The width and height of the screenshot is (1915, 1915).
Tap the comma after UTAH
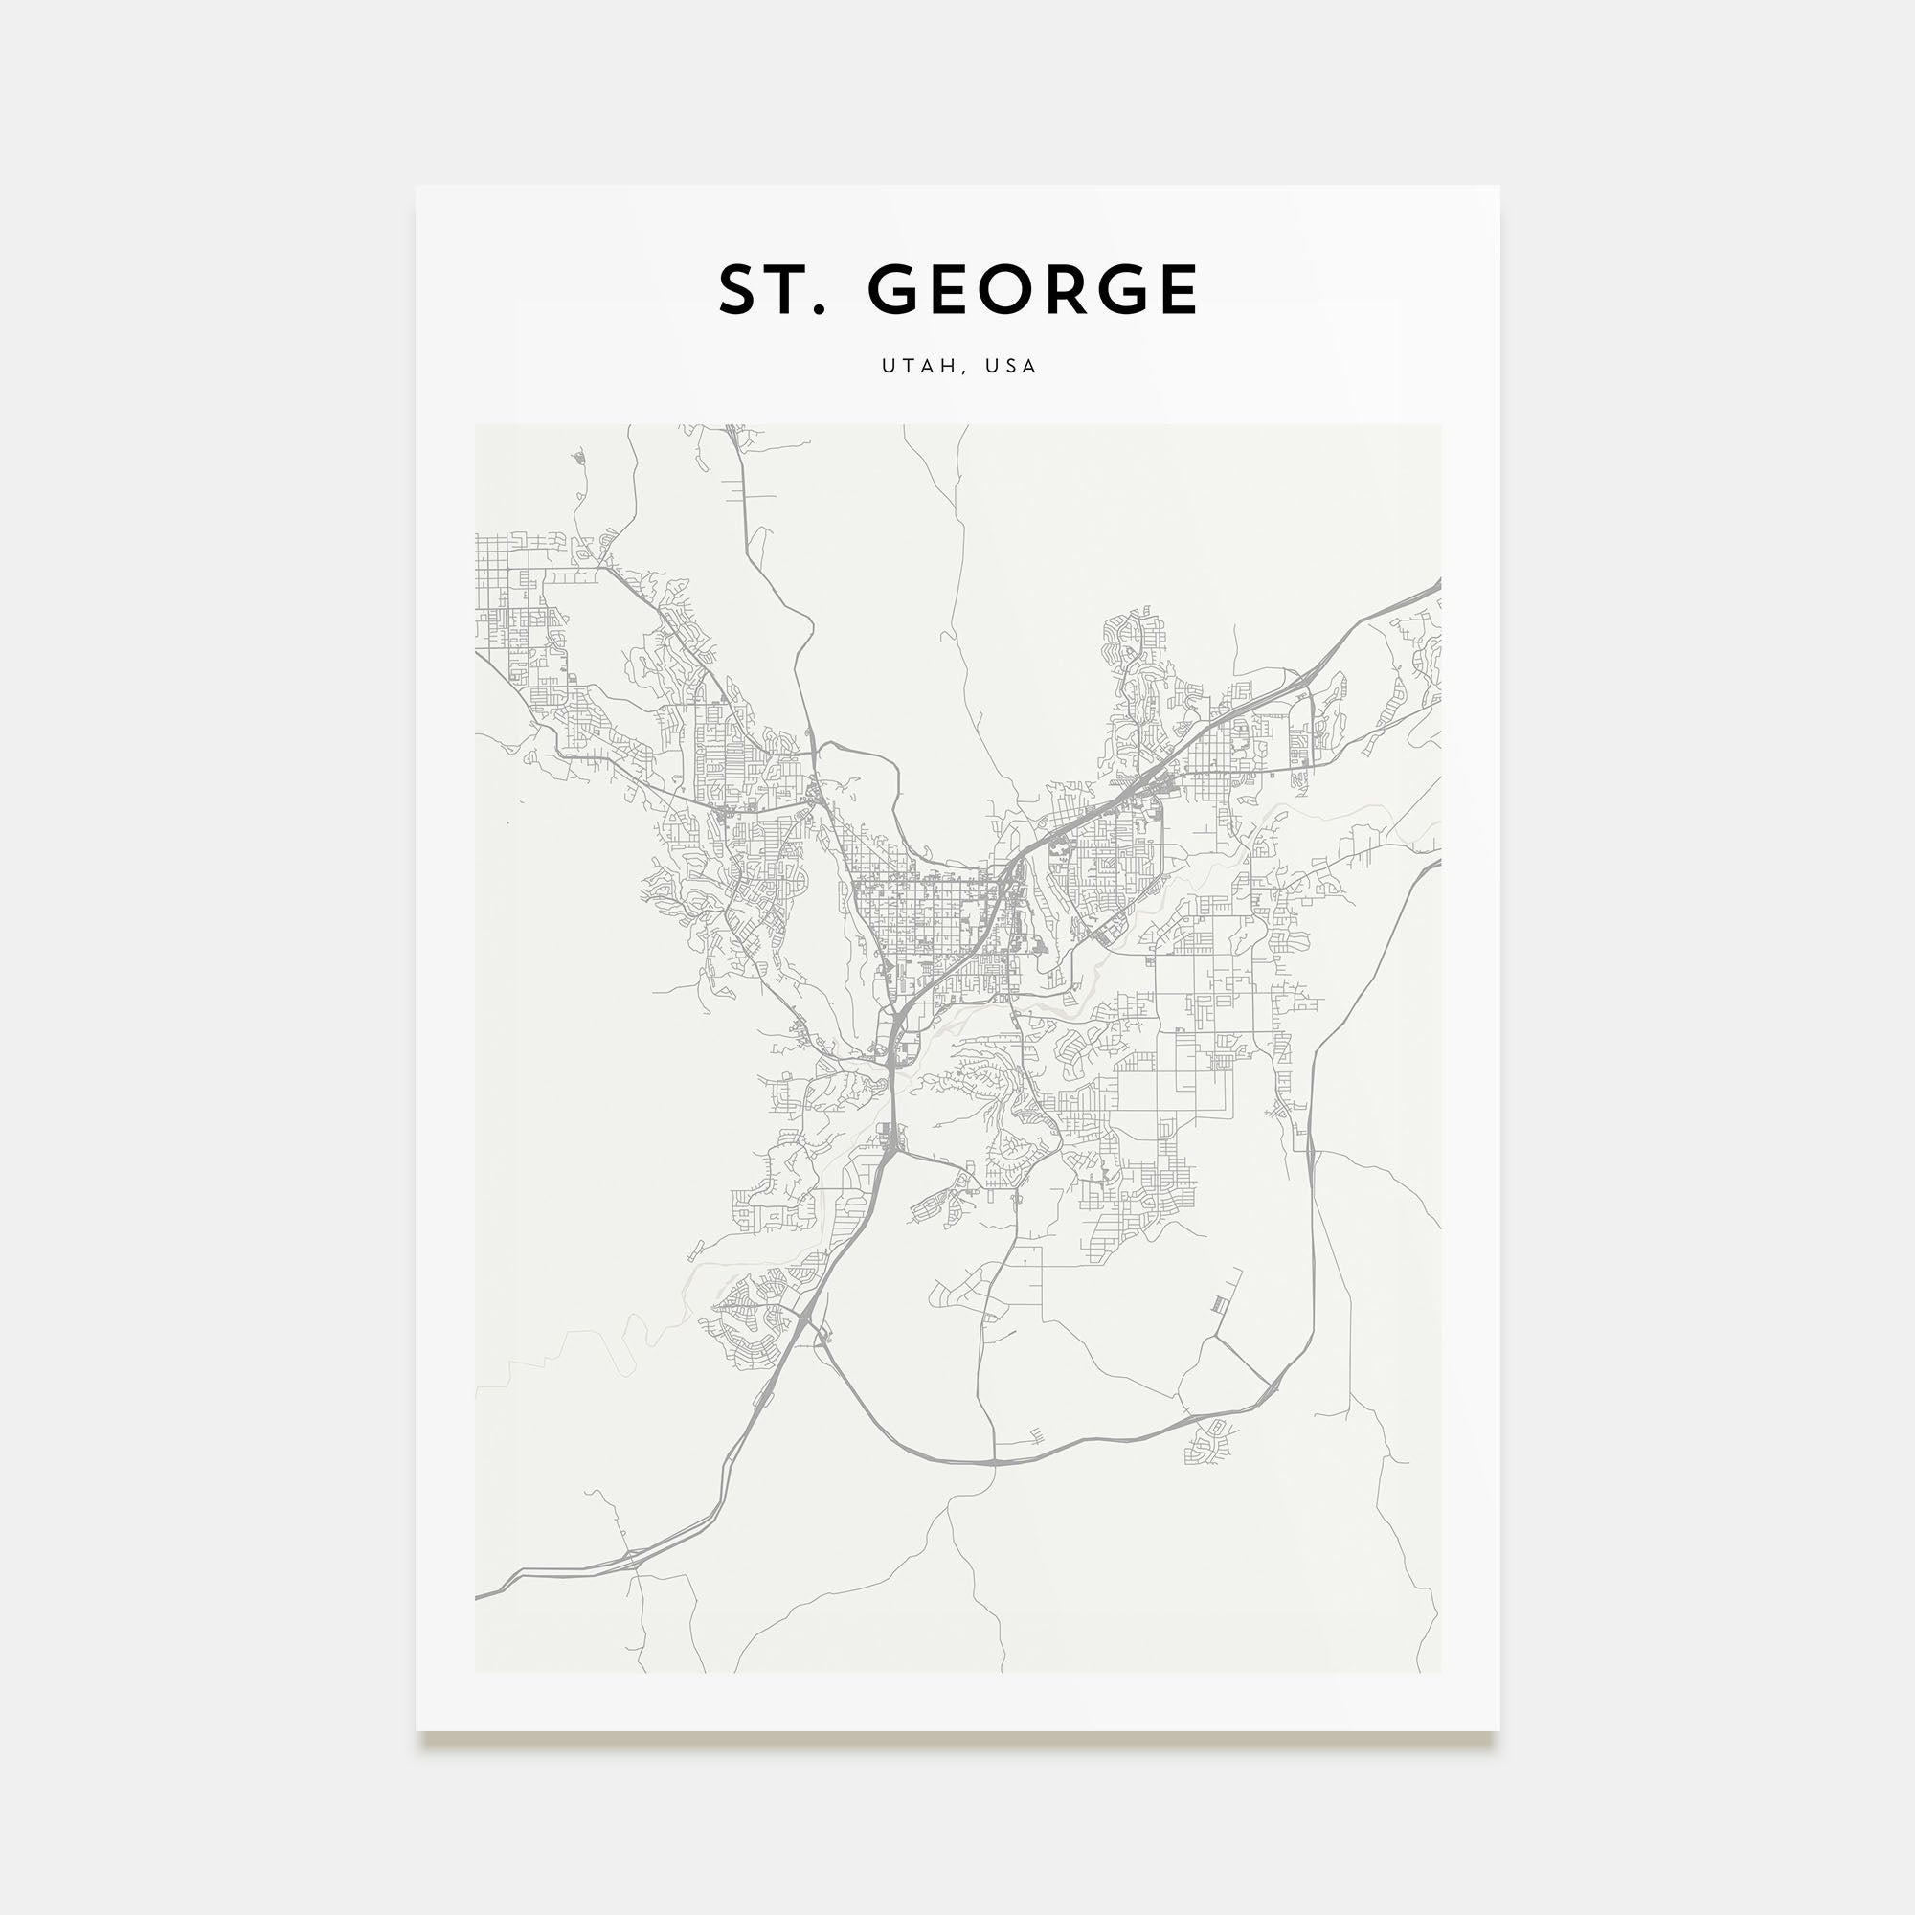tap(961, 372)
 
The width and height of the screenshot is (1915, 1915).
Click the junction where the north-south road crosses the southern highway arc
tap(993, 1461)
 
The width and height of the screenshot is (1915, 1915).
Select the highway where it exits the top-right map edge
tap(1437, 586)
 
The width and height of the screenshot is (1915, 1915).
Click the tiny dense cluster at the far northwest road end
tap(579, 458)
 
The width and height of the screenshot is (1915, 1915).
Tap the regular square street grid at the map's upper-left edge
tap(501, 574)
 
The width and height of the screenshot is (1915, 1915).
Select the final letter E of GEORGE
tap(1179, 289)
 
